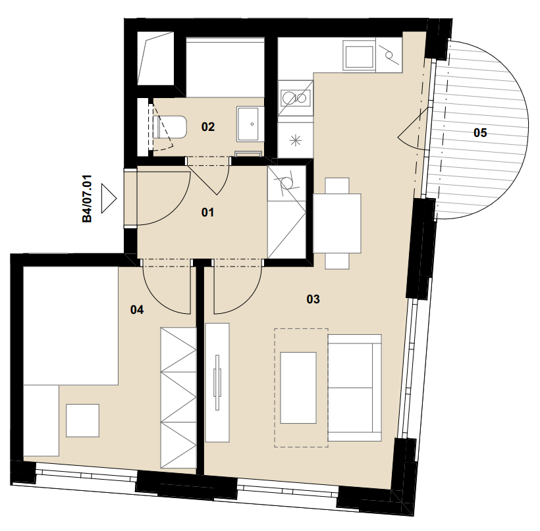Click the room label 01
207,213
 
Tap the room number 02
207,127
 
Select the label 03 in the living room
313,299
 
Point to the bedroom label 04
137,310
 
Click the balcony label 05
480,132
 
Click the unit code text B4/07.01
87,199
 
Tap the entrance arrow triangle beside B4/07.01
109,199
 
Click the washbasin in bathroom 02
248,124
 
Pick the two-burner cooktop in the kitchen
295,98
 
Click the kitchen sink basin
359,57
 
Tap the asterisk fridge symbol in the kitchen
296,141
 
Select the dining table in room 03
337,223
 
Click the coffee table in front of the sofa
298,388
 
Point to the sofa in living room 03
354,388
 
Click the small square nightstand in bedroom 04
82,420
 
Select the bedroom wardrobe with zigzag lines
178,397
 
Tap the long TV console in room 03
217,382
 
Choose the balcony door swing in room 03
414,129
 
